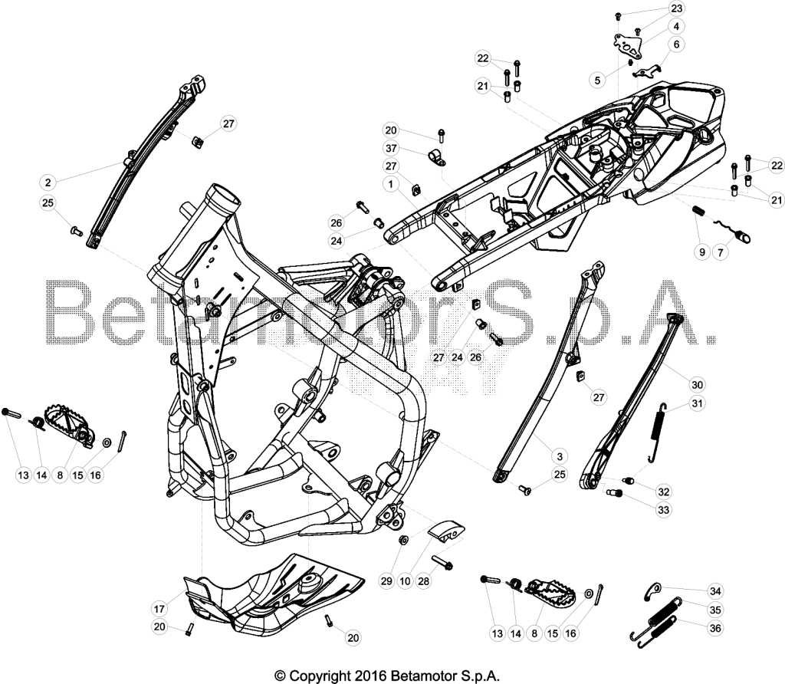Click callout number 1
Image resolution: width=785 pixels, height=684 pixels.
(x=391, y=184)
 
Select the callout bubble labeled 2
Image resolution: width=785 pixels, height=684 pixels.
(x=48, y=183)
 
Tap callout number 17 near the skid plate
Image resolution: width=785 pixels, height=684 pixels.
(x=159, y=609)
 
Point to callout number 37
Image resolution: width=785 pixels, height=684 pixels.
(x=391, y=148)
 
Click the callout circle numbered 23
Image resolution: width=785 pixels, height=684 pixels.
(x=676, y=8)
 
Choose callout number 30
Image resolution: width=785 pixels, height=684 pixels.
(x=697, y=385)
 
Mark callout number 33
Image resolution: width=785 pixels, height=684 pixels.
(x=663, y=510)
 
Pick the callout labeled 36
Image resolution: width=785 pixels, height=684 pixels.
(x=715, y=628)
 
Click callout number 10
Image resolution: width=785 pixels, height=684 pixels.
(x=405, y=580)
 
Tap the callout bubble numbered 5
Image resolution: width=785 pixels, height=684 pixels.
(x=597, y=80)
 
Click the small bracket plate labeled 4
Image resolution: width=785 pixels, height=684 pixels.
(x=629, y=47)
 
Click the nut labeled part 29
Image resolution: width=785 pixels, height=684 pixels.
(x=402, y=540)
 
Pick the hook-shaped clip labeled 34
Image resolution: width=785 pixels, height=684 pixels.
(x=652, y=591)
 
